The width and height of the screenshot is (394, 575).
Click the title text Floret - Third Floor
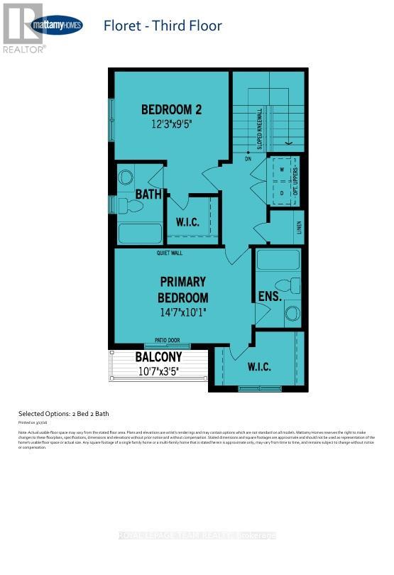coord(163,26)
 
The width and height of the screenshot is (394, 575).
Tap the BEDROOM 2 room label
coord(171,109)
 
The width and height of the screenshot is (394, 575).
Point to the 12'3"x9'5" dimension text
coord(171,123)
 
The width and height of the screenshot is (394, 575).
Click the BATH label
coord(149,193)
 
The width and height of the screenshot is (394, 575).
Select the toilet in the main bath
coord(131,207)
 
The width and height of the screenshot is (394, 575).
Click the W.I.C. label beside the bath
coord(187,222)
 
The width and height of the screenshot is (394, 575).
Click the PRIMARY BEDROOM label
coord(183,290)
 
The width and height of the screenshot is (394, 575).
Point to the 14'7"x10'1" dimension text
coord(183,311)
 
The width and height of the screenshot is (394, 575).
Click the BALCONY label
coord(159,357)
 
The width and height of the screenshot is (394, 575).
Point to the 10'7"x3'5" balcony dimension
coord(159,370)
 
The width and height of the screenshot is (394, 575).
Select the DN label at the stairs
coord(248,159)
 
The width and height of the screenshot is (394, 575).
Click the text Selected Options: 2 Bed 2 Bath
coord(63,413)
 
